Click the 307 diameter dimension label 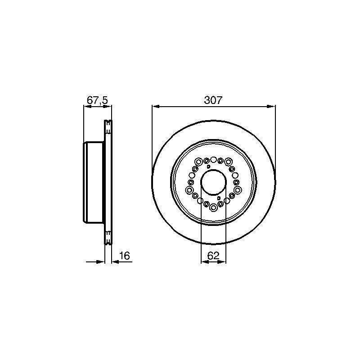pyautogui.click(x=213, y=100)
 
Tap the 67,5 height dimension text pyautogui.click(x=97, y=100)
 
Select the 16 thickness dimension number pyautogui.click(x=125, y=256)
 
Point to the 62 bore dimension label pyautogui.click(x=213, y=256)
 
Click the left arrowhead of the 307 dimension pyautogui.click(x=156, y=106)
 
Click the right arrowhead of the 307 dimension pyautogui.click(x=271, y=106)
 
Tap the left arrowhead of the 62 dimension pyautogui.click(x=205, y=262)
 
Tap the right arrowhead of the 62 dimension pyautogui.click(x=222, y=262)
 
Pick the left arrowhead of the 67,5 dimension pyautogui.click(x=87, y=106)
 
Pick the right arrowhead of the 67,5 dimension pyautogui.click(x=108, y=106)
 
